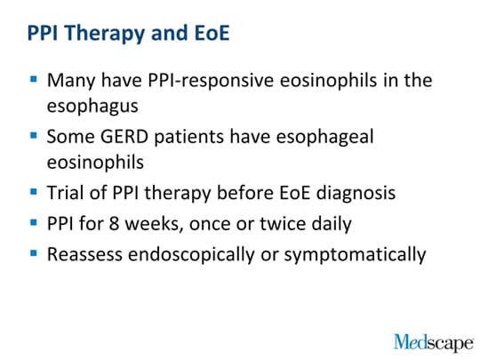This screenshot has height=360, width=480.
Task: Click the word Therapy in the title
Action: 104,34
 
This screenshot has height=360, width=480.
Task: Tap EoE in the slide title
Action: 212,33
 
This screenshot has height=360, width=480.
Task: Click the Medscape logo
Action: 434,343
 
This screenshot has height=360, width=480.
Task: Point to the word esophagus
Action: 92,107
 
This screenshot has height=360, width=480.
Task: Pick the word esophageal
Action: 324,137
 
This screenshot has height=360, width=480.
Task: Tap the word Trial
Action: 66,193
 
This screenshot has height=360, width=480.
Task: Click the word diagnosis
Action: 356,194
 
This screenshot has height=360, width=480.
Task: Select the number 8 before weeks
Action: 114,223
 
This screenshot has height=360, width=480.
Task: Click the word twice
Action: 283,223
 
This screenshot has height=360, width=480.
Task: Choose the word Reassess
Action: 84,255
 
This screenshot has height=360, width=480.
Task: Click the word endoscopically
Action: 191,255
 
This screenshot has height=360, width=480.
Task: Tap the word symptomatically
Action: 355,255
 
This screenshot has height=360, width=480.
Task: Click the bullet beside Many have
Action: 34,80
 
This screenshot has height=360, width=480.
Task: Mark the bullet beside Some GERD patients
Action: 34,135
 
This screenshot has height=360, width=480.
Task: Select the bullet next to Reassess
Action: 34,253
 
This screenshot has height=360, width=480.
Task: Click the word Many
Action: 71,81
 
